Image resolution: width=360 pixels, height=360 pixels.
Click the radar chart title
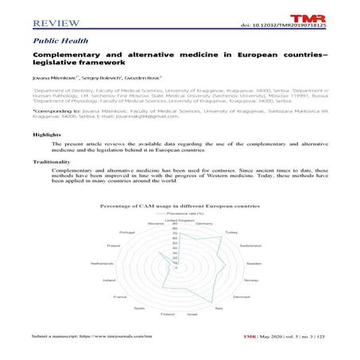pyautogui.click(x=179, y=205)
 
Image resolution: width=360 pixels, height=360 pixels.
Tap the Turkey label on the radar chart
pyautogui.click(x=231, y=232)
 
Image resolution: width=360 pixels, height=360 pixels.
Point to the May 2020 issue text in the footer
pyautogui.click(x=274, y=338)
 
